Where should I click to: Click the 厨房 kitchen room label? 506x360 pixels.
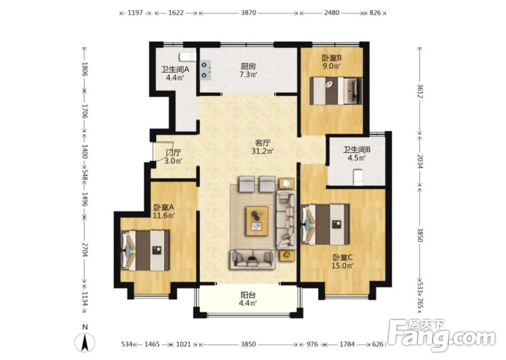pos(248,66)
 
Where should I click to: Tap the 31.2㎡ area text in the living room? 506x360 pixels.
pos(263,151)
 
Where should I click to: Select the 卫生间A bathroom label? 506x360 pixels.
pos(175,69)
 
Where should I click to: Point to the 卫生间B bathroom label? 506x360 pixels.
pos(357,150)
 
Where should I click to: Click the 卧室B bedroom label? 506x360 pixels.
pos(332,58)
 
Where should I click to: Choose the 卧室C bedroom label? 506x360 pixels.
pos(343,258)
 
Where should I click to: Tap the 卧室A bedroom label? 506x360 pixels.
pos(163,207)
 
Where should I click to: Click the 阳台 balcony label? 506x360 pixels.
pos(248,295)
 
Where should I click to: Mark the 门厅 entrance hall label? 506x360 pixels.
pos(173,152)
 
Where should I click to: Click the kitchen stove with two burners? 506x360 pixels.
pos(205,70)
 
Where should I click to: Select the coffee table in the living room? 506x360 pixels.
pos(257,221)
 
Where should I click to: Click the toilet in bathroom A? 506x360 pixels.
pos(188,56)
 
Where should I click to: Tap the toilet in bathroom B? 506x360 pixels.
pos(358,177)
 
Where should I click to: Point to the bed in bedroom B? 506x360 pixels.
pos(336,91)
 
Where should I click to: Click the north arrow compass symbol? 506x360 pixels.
pos(85,341)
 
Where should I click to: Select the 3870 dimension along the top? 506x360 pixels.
pos(248,13)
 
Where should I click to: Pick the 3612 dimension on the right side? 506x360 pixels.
pos(420,91)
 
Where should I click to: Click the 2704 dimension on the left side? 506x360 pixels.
pos(85,250)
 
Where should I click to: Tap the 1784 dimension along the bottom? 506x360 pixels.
pos(347,344)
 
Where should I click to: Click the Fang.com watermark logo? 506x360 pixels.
pos(442,336)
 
